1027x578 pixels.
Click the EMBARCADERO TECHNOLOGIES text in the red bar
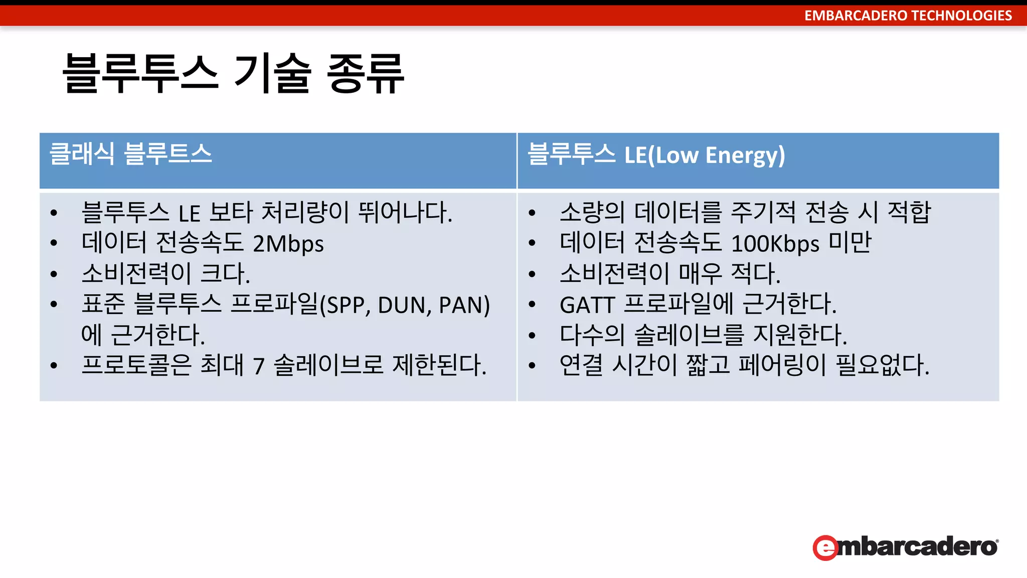click(908, 16)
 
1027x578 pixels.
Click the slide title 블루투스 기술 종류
click(233, 73)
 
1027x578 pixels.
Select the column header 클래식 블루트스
click(131, 154)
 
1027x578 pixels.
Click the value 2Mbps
click(288, 244)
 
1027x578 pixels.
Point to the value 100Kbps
click(775, 244)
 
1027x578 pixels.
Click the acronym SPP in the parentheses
click(346, 305)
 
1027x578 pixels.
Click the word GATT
click(587, 305)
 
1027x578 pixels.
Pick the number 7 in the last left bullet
click(259, 366)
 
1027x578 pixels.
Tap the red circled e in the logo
click(825, 547)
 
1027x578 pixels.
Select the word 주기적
click(763, 212)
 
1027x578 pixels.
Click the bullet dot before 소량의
click(532, 213)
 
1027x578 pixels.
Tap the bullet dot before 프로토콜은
click(54, 366)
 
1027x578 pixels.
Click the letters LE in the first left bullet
click(190, 214)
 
